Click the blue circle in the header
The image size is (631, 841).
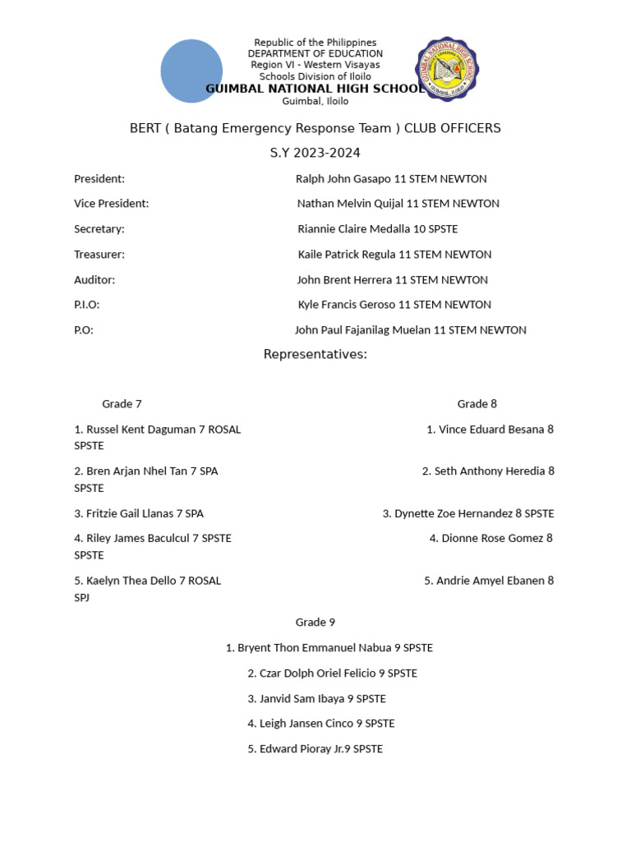tap(191, 71)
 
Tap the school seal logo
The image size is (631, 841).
tap(447, 69)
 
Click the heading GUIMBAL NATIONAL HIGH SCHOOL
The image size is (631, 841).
tap(315, 89)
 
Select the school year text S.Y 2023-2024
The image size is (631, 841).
tap(315, 154)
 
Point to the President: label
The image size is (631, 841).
tap(99, 179)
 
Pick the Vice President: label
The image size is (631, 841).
tap(111, 204)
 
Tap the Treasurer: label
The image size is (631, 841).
tap(99, 255)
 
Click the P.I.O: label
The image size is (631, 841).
tap(87, 305)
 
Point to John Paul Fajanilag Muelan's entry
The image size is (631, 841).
tap(410, 330)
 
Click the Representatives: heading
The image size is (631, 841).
tap(315, 355)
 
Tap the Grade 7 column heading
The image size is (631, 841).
tap(122, 404)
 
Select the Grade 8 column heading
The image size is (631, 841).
tap(477, 404)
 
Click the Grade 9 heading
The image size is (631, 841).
tap(315, 623)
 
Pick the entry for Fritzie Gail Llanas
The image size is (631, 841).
tap(139, 514)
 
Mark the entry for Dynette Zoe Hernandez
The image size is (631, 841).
tap(468, 514)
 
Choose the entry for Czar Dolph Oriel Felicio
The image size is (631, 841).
tap(332, 673)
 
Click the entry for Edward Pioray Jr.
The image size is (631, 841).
tap(315, 749)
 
